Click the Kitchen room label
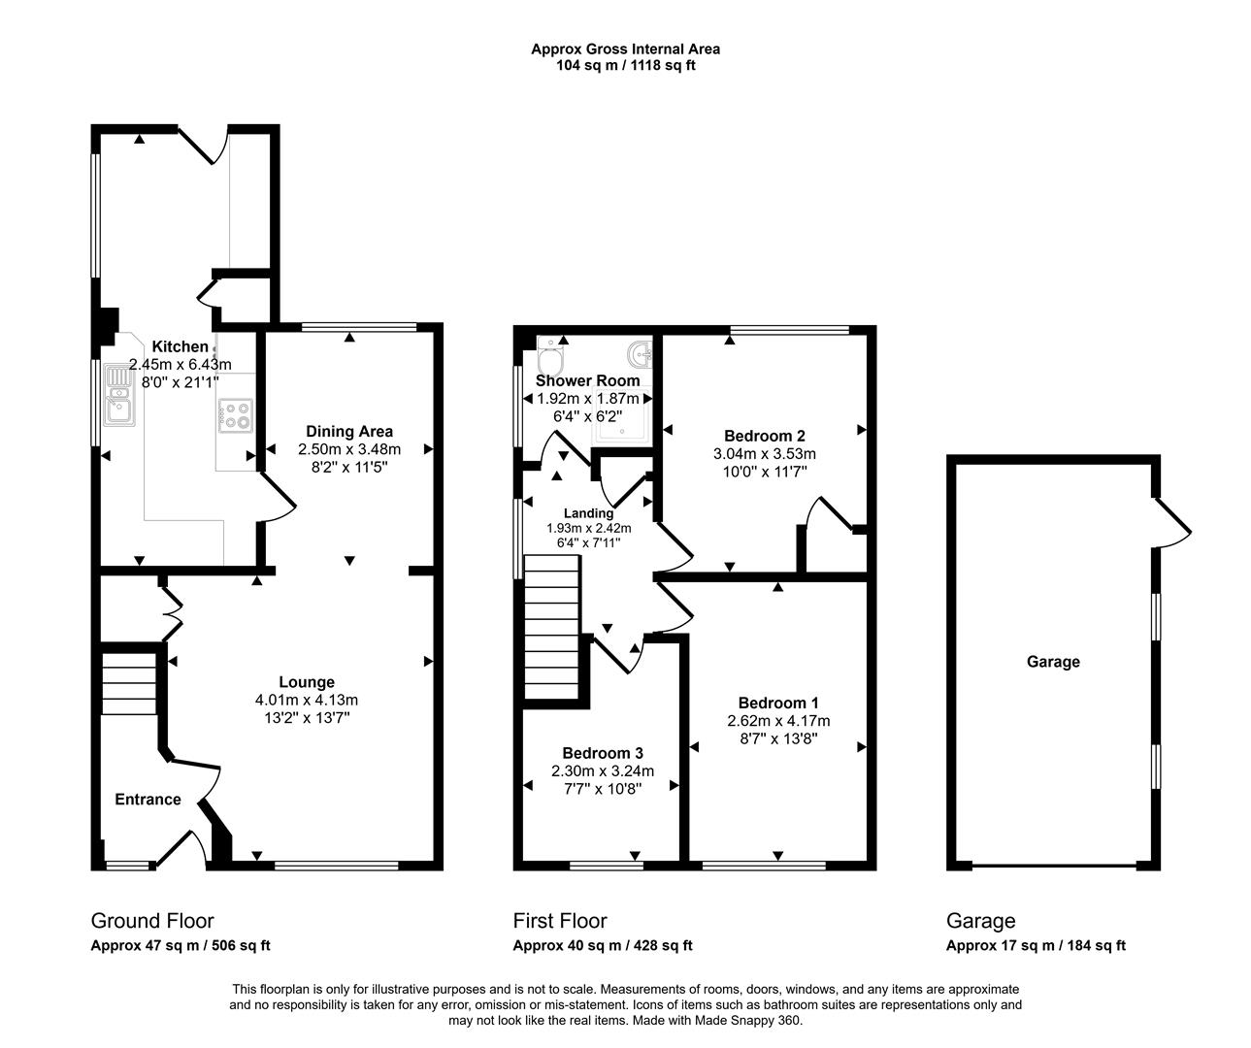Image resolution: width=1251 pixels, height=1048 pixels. coord(180,346)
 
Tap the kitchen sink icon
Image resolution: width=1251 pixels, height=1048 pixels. coord(119,395)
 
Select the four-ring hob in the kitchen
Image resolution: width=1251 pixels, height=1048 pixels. coord(236,415)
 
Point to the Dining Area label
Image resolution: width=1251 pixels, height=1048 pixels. coord(349,432)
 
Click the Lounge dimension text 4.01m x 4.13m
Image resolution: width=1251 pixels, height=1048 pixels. coord(307,700)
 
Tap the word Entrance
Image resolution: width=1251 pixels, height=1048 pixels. coord(148,800)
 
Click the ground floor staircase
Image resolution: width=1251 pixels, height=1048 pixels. coord(129,683)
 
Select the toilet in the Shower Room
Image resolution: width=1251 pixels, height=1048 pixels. coord(548,354)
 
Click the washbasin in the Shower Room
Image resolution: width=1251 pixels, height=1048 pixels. coord(641,354)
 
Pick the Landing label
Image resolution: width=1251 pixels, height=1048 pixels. coord(588,513)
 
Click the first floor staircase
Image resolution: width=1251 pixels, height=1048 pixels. coord(552,627)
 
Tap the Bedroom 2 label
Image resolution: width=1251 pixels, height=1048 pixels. coord(765,437)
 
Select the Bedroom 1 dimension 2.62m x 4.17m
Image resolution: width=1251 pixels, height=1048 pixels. coord(779,721)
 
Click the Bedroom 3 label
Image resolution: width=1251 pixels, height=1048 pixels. coord(603,753)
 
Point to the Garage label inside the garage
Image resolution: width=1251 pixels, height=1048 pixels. coord(1053,662)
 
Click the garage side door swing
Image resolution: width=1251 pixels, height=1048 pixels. coord(1172,522)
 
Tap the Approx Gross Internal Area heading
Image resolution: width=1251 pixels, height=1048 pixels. coord(625,49)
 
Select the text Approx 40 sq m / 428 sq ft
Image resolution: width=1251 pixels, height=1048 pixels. coord(602,945)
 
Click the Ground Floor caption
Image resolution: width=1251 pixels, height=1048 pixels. coord(152,920)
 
